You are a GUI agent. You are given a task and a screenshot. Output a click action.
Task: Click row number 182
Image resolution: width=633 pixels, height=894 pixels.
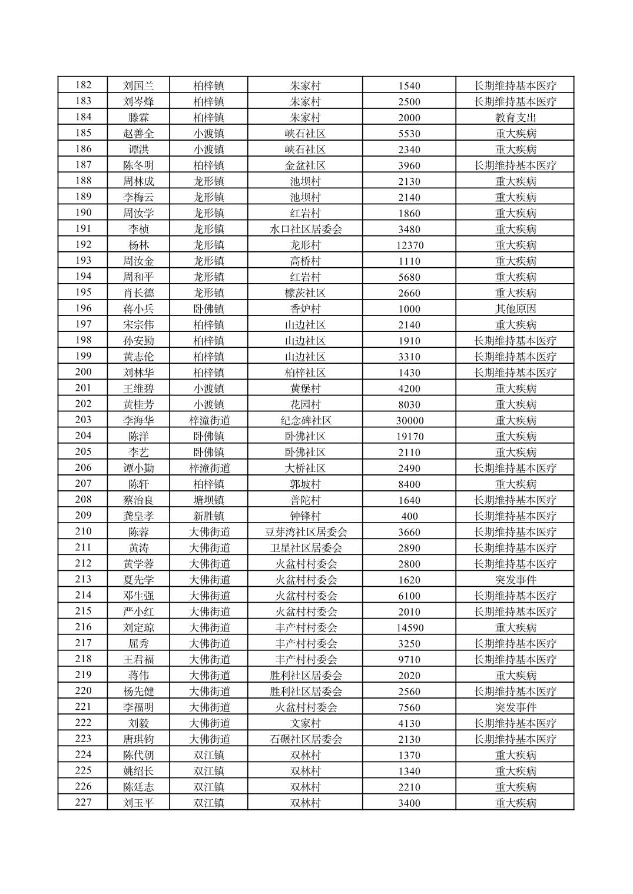tap(83, 85)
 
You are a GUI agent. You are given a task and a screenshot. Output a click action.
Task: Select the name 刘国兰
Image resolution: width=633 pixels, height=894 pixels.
tap(138, 85)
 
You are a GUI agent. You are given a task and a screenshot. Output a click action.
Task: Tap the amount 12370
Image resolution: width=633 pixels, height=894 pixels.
tap(409, 245)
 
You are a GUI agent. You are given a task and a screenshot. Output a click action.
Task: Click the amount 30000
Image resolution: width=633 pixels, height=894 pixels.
tap(409, 420)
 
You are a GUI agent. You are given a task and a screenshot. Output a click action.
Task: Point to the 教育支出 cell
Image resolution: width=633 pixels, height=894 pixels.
tap(515, 117)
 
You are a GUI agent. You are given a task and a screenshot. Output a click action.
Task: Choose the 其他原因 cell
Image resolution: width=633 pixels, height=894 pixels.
tap(515, 308)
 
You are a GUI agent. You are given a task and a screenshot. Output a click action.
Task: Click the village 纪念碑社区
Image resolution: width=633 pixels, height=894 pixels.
tap(306, 420)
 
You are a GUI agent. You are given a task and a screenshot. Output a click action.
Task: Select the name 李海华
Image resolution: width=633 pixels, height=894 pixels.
tap(138, 420)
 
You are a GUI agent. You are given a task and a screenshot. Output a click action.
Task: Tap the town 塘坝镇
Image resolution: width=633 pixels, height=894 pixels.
tap(208, 500)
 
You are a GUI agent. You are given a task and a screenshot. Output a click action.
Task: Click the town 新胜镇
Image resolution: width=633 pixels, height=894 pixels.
tap(208, 516)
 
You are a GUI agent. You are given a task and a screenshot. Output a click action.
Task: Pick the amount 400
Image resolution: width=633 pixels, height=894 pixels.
tap(409, 516)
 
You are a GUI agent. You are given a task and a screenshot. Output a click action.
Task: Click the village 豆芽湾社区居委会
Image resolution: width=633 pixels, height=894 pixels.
tap(306, 532)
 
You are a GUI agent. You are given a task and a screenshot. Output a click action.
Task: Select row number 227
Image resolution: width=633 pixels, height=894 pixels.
tap(83, 802)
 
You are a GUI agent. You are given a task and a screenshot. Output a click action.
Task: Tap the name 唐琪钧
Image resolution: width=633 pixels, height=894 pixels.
tap(138, 739)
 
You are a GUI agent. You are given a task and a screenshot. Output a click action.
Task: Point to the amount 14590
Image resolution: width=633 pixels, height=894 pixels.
tap(409, 627)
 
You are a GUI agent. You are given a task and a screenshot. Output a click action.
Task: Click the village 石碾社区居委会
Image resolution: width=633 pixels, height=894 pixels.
tap(306, 739)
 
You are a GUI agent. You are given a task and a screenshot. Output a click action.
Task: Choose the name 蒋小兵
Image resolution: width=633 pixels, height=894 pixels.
tap(138, 308)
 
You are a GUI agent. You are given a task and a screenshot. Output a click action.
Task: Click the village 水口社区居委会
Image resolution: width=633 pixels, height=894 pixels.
tap(306, 229)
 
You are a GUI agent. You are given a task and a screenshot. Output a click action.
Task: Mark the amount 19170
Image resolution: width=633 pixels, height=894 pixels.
tap(409, 436)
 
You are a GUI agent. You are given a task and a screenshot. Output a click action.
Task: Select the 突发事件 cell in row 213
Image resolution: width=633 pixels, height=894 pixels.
tap(515, 580)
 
